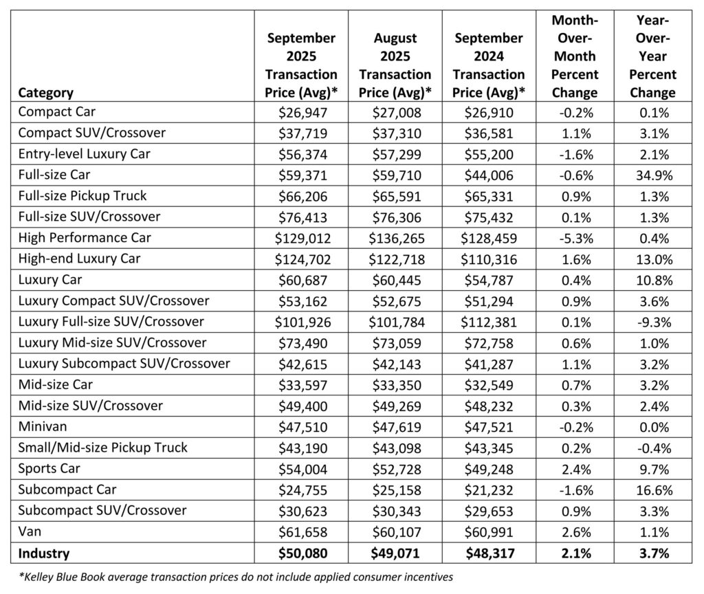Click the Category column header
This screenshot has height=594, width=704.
(x=46, y=92)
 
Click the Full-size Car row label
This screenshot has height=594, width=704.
(x=54, y=175)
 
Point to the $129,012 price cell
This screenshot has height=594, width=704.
(x=303, y=238)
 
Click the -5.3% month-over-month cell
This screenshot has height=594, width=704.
(x=574, y=238)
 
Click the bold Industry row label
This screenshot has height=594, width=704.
(x=44, y=553)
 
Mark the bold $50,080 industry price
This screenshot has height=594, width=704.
(x=303, y=553)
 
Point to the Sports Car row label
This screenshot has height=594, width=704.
(x=50, y=469)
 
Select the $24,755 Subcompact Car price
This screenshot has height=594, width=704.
(x=303, y=490)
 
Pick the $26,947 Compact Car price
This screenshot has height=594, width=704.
(x=303, y=111)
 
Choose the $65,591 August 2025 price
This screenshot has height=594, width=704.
(x=395, y=196)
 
